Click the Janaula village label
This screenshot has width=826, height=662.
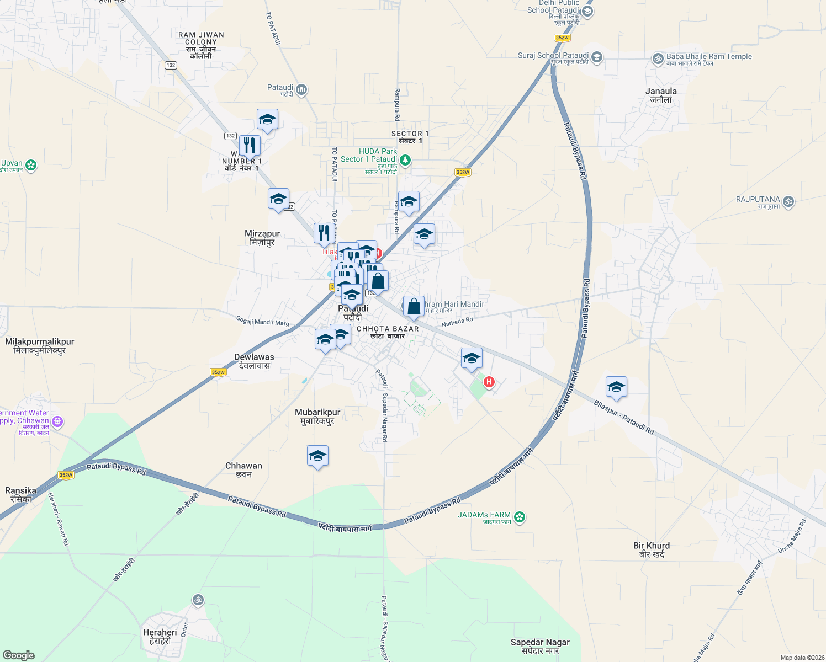coord(661,95)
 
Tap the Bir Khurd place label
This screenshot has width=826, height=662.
coord(652,549)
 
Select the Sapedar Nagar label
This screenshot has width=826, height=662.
coord(540,646)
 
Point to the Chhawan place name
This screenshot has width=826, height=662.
coord(243,469)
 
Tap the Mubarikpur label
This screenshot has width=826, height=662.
coord(317,416)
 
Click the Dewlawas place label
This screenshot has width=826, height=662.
coord(254,361)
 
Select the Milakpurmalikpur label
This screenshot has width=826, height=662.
coord(40,345)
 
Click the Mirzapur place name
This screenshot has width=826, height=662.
coord(262,238)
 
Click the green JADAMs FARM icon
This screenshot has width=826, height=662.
coord(520,517)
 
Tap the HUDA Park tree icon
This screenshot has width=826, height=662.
coord(405,160)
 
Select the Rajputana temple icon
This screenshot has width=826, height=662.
coord(788,201)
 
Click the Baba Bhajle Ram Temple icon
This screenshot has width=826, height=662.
coord(658,58)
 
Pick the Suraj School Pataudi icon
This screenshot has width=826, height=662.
coord(596,57)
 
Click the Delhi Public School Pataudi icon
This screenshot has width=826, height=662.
coord(587,12)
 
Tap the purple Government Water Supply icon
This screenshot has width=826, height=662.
coord(57,422)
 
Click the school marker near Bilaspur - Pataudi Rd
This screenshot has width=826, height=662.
coord(616,387)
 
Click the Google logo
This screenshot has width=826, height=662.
coord(19,655)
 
